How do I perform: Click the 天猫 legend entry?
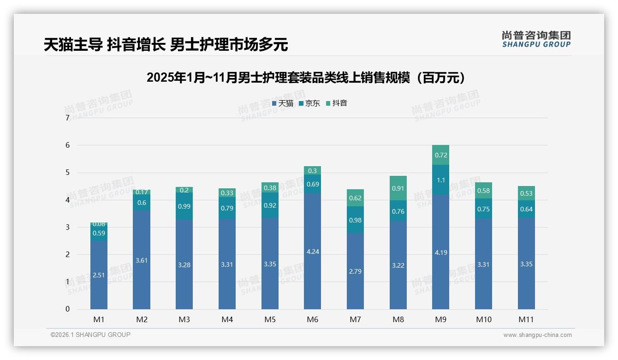[282, 103]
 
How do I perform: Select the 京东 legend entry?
[309, 103]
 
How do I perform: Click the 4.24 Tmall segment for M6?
[312, 251]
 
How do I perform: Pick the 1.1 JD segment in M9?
[440, 180]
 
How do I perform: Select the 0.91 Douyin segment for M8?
[398, 188]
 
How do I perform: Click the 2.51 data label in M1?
[99, 275]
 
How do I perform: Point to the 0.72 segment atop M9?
[440, 155]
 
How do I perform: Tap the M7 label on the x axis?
[355, 319]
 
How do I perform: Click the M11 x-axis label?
[526, 319]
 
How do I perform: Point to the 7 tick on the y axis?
[67, 118]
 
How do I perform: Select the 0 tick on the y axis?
[67, 309]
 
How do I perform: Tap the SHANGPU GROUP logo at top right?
[536, 39]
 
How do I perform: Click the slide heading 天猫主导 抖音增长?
[166, 45]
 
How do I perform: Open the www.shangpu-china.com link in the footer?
[537, 335]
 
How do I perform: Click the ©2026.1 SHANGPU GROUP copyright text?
[90, 335]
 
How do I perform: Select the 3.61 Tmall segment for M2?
[142, 260]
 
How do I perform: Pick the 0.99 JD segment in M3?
[184, 206]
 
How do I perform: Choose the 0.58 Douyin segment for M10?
[483, 191]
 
